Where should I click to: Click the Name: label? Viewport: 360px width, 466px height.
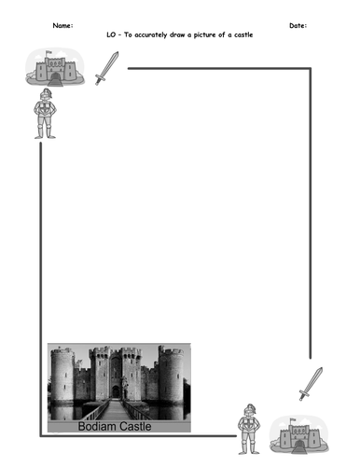62,25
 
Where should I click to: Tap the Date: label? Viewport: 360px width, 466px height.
298,25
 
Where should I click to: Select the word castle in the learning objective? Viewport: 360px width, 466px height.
243,34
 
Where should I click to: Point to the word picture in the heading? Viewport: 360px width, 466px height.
205,34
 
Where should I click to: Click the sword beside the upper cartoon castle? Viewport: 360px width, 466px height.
106,68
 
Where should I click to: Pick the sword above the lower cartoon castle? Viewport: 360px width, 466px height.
311,384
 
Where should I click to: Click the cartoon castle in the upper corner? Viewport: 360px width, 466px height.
55,67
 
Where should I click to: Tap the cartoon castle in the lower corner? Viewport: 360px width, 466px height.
298,434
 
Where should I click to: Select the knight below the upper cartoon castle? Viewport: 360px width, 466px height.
45,114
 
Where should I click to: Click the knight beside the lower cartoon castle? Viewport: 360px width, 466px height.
249,429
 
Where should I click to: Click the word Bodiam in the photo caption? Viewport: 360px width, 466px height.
96,426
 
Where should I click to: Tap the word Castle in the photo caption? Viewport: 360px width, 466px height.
134,426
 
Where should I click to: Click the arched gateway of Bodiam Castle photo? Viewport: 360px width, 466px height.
116,391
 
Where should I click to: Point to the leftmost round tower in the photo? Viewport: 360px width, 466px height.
62,375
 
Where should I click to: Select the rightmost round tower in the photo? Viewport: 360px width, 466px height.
171,375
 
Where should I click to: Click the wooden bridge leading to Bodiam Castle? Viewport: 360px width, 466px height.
115,410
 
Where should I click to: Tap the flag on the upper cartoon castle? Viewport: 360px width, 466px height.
48,52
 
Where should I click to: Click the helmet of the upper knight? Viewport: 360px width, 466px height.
47,94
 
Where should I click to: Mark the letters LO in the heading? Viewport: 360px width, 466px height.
111,34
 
